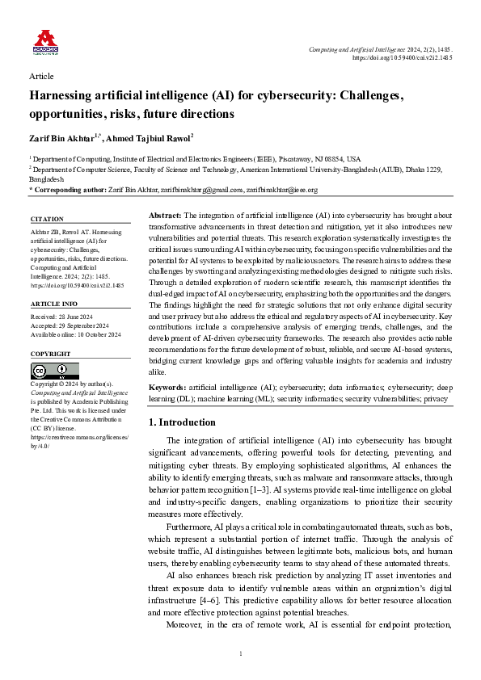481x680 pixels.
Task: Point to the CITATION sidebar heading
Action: pyautogui.click(x=47, y=219)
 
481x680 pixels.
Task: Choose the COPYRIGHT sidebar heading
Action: pyautogui.click(x=50, y=355)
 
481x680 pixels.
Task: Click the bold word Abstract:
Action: pyautogui.click(x=167, y=216)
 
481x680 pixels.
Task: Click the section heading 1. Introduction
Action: pyautogui.click(x=184, y=422)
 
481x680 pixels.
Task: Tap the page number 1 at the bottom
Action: pyautogui.click(x=241, y=653)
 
